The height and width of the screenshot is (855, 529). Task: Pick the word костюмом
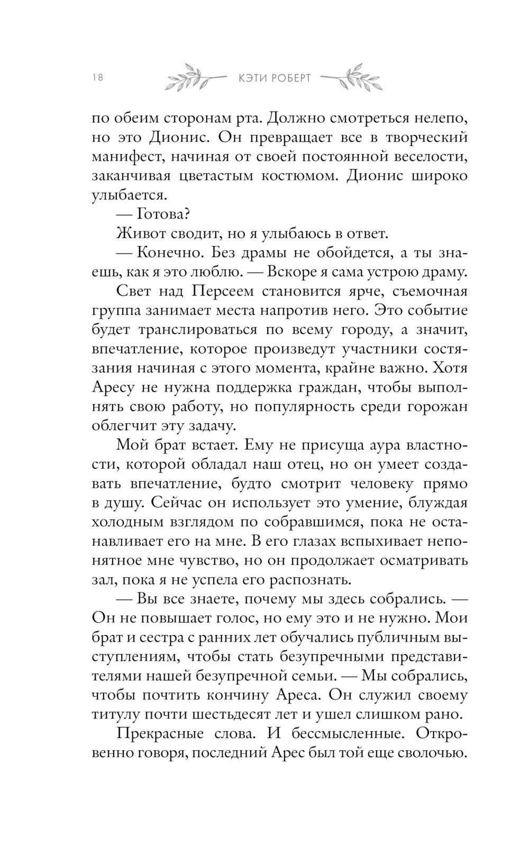[x=299, y=176]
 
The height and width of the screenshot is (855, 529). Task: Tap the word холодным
[x=126, y=522]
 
